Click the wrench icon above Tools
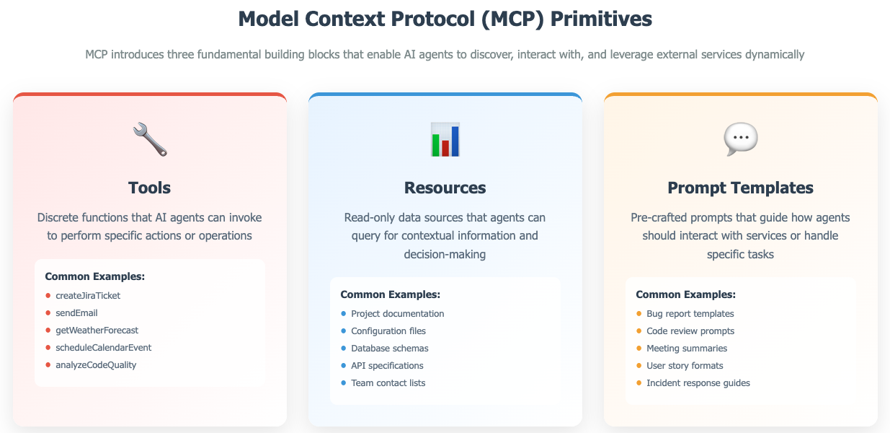point(150,139)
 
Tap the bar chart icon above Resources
point(445,139)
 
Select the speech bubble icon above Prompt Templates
point(740,139)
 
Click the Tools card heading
point(150,188)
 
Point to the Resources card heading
point(445,188)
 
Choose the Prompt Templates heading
point(740,188)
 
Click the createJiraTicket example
point(88,296)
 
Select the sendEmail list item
point(76,313)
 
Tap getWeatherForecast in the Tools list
point(97,331)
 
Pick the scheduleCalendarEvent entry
point(103,348)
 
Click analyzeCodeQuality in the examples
point(96,365)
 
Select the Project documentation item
point(397,314)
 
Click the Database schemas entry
point(389,349)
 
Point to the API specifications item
point(387,366)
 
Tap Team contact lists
point(388,383)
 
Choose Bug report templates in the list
point(690,314)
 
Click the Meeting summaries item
point(687,349)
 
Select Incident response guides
point(698,383)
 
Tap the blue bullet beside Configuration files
point(343,331)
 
